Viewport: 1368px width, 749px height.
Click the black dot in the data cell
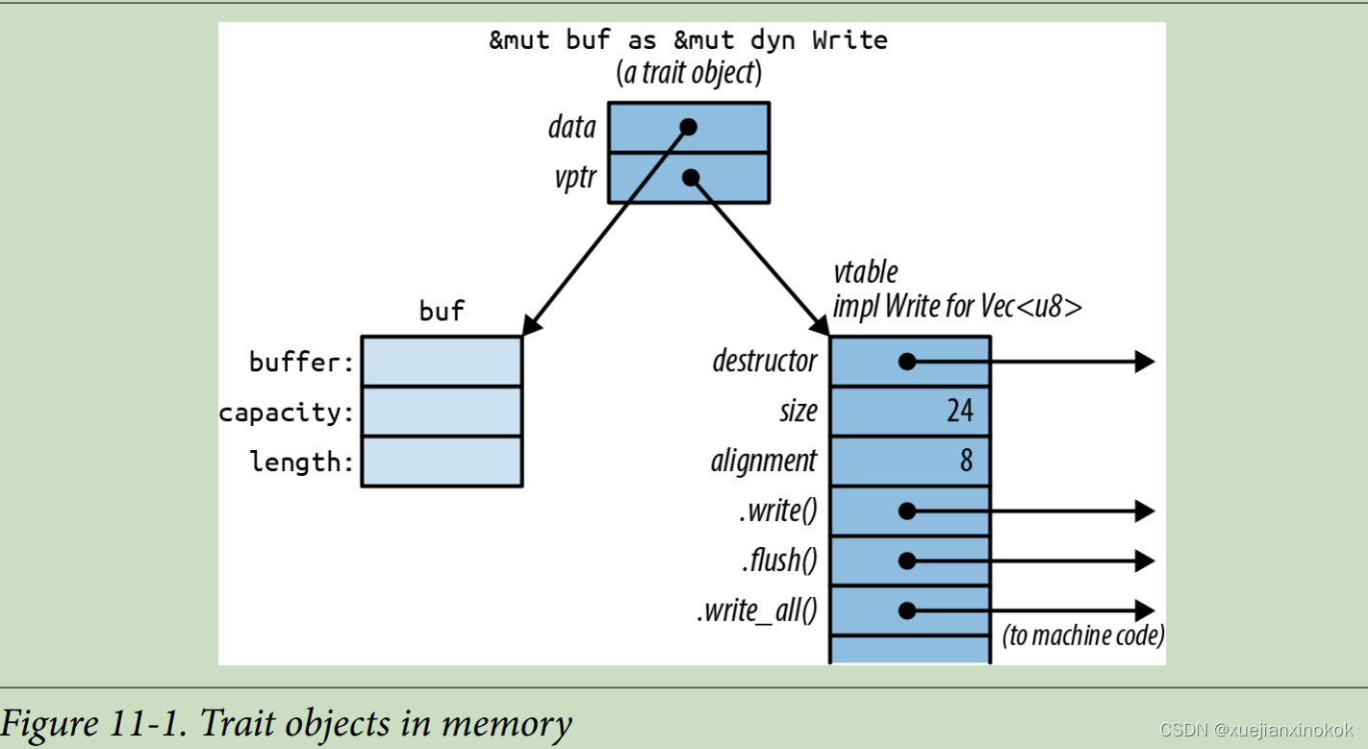click(x=688, y=127)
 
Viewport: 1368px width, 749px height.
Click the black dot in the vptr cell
click(x=691, y=178)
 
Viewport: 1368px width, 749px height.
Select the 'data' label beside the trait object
click(x=571, y=127)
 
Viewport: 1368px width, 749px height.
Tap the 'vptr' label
click(x=575, y=178)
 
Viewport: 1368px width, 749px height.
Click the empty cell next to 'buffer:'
click(x=443, y=362)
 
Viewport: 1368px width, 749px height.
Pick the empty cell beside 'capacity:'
click(x=443, y=412)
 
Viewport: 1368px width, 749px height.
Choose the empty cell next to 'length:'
click(x=443, y=462)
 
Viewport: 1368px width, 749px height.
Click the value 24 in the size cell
click(x=960, y=411)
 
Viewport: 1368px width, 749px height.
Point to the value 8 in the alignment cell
click(x=966, y=461)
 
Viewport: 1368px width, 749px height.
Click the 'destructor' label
click(x=765, y=361)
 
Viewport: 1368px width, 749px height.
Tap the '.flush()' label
click(x=779, y=561)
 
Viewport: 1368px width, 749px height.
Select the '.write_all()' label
click(x=757, y=611)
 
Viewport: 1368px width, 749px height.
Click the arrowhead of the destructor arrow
click(x=1145, y=362)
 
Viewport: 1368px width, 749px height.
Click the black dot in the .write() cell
click(x=907, y=511)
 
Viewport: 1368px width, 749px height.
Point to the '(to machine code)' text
click(x=1083, y=636)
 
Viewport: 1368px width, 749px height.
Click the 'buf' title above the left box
click(x=442, y=312)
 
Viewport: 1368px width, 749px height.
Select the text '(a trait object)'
click(x=689, y=73)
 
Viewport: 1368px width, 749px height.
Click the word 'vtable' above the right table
click(x=866, y=272)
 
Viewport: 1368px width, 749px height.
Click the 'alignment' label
click(x=764, y=461)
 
